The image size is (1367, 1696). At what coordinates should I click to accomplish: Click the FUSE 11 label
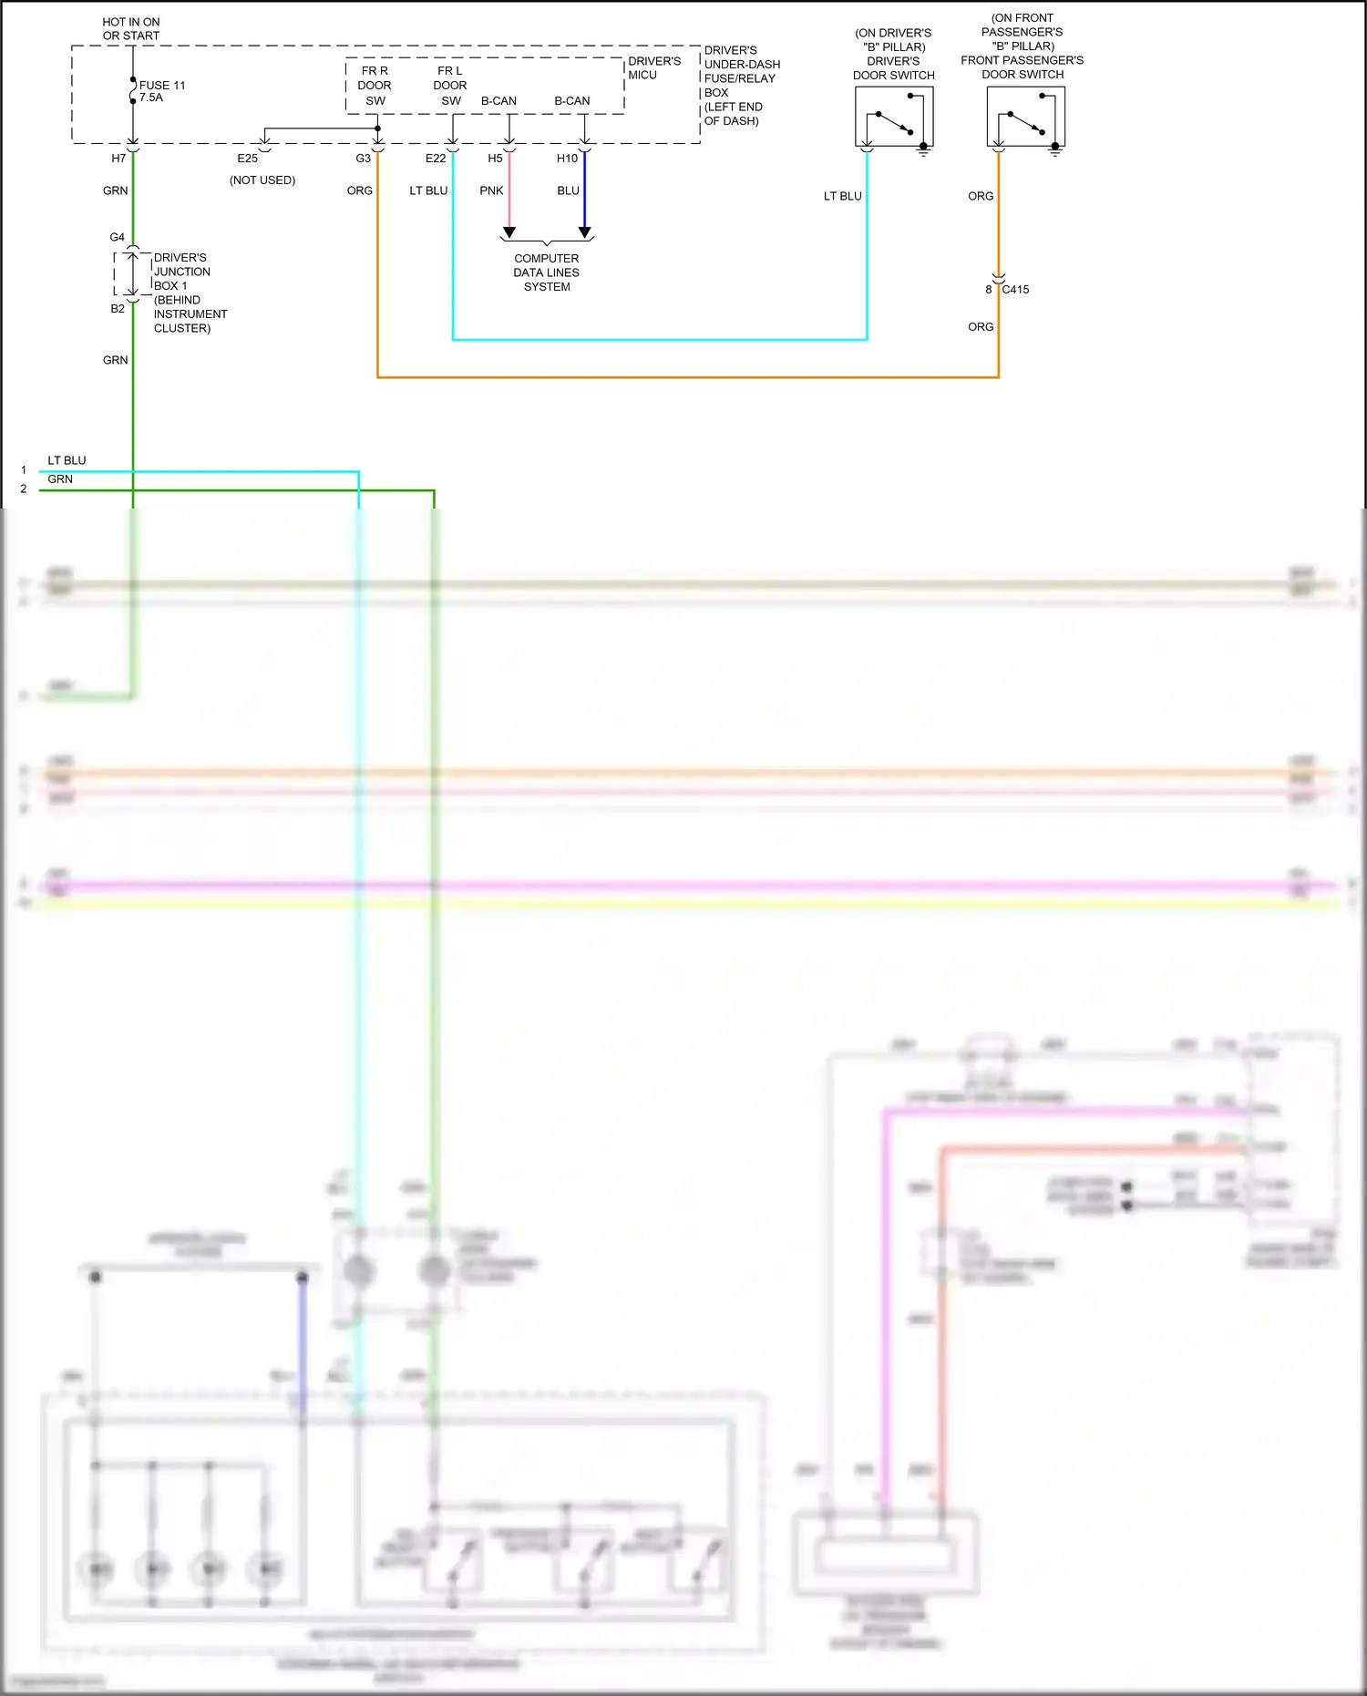point(162,86)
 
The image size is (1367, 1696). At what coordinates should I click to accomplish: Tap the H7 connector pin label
point(118,159)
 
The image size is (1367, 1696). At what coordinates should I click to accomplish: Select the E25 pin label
point(247,159)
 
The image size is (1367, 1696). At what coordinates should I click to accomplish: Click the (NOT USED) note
point(262,180)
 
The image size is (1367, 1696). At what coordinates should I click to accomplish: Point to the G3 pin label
point(363,159)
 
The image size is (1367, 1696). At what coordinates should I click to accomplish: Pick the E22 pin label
point(436,159)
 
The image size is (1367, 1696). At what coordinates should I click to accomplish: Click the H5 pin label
point(495,159)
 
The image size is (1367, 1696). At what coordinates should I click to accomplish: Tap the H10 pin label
point(567,159)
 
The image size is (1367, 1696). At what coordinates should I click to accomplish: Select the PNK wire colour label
point(491,190)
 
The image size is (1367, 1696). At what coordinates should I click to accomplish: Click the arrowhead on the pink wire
point(509,232)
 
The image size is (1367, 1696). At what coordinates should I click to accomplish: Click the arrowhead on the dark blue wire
point(585,232)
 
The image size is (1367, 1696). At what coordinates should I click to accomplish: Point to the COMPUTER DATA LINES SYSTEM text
point(547,272)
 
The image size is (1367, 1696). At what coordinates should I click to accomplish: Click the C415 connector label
point(1015,290)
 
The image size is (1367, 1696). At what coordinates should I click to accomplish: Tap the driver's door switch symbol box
point(894,117)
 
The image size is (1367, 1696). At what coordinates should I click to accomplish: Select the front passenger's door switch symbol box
point(1025,117)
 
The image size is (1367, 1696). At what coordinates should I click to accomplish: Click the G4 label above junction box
point(118,237)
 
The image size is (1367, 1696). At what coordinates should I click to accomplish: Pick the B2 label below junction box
point(118,309)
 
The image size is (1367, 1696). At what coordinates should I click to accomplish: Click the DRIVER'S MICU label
point(653,68)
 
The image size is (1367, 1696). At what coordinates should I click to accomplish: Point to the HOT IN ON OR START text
point(131,29)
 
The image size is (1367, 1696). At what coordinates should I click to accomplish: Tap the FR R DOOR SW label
point(375,86)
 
